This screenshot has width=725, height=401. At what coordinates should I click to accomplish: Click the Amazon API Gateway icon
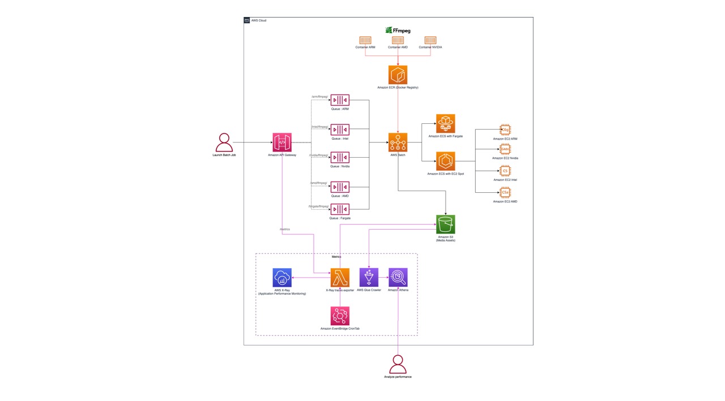coord(282,143)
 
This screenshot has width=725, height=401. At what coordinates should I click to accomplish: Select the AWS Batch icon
coord(398,143)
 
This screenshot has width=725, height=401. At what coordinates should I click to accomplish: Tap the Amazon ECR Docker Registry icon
coord(398,75)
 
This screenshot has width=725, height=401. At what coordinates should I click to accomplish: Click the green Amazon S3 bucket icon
coord(446,225)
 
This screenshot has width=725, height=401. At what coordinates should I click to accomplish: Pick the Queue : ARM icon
coord(340,100)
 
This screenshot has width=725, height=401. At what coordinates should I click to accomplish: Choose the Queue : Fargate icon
coord(340,209)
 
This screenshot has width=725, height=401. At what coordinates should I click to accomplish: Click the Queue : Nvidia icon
coord(340,157)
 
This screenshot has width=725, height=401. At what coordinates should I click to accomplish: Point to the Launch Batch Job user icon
coord(224,143)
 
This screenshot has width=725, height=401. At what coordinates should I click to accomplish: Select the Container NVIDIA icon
coord(430,40)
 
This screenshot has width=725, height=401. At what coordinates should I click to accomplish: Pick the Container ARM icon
coord(365,40)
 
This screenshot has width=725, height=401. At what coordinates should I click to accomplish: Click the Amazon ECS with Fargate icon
coord(445,124)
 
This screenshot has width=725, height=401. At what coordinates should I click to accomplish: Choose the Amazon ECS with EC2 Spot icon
coord(445,161)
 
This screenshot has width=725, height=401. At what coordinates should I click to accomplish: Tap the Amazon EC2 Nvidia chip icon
coord(505,149)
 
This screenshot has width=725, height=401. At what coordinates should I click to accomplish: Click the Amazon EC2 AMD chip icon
coord(505,193)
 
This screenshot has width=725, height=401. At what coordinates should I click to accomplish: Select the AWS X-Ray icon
coord(282,278)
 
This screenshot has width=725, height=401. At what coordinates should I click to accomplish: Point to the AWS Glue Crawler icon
coord(369,278)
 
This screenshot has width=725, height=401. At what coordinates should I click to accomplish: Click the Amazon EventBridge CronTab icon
coord(340,316)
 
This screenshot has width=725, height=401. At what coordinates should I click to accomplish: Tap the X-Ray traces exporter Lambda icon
coord(340,278)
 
